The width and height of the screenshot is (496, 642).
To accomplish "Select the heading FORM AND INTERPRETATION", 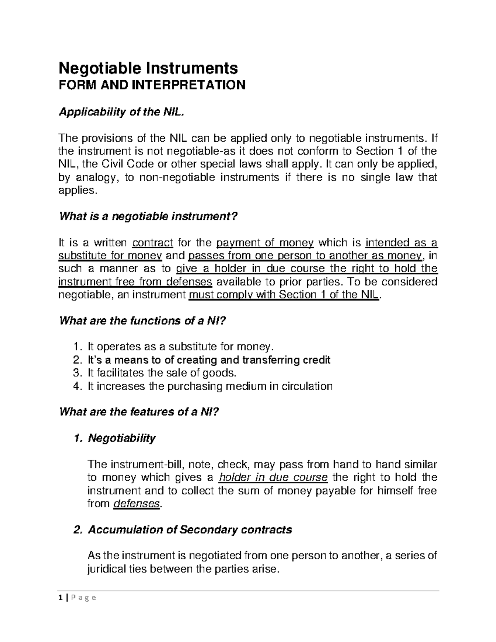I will tap(153, 85).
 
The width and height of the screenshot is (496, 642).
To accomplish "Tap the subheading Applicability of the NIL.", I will tap(121, 112).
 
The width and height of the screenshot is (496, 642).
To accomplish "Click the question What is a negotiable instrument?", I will tap(149, 216).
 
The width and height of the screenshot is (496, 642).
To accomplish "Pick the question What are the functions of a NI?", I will tap(143, 321).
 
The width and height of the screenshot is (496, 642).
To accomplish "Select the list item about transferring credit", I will tap(209, 360).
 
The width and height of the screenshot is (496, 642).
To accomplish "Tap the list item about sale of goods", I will tap(162, 373).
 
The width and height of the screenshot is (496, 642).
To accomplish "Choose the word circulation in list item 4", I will tap(307, 386).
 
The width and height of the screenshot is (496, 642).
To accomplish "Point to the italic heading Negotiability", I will tap(122, 438).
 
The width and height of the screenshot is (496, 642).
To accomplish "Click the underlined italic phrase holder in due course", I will tap(273, 478).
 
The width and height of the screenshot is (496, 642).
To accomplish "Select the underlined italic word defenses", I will tap(136, 504).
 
